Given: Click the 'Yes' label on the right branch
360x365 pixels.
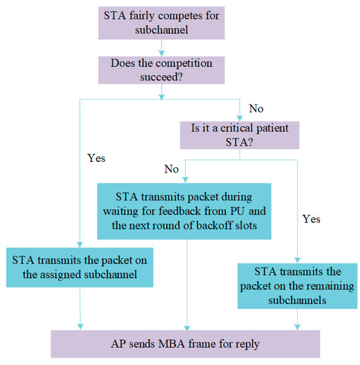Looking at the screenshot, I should point(311,218).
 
